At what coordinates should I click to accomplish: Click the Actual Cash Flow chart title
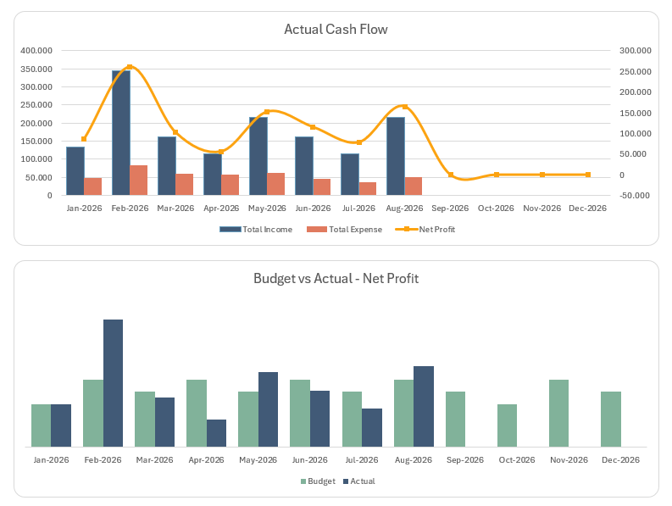336,30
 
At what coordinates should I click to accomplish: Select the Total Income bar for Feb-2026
121,133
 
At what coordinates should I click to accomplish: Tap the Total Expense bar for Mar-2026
184,185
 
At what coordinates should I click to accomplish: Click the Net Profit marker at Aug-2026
404,107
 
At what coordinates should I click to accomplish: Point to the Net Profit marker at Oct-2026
497,175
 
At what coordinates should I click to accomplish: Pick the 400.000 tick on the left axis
36,50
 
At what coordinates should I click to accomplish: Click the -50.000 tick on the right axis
635,196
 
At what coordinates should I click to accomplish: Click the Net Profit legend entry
431,230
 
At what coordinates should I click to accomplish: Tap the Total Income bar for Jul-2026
350,175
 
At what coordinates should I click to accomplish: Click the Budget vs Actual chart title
336,278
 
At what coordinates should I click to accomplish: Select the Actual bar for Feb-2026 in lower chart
113,383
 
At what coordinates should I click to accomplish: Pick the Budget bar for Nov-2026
558,413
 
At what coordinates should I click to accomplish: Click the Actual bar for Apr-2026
216,433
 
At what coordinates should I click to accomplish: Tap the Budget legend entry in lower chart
319,481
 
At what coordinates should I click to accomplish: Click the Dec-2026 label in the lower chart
620,460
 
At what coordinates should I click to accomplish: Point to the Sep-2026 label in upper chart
450,209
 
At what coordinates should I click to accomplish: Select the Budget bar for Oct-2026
507,425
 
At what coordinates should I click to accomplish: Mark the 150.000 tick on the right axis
635,113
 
